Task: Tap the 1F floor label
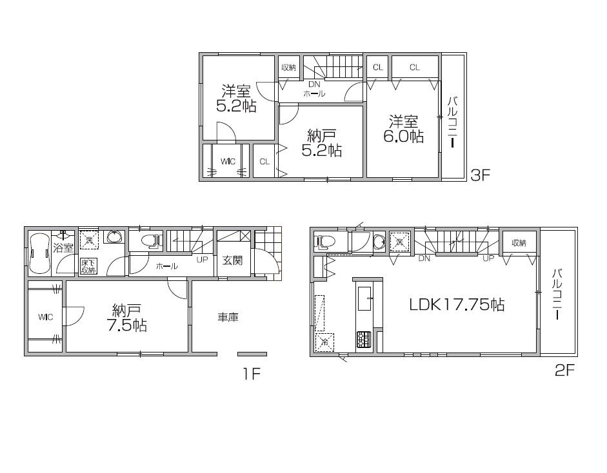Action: point(250,373)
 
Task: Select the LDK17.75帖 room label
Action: point(457,305)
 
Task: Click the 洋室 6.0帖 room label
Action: point(403,129)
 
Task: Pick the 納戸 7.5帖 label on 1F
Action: point(126,317)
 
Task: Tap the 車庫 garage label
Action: point(228,317)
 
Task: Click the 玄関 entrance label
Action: point(233,260)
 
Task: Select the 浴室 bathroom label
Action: point(63,248)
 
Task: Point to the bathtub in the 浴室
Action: point(39,254)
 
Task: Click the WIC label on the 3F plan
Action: point(227,161)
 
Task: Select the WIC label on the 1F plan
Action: point(45,317)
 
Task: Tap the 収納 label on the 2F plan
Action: point(519,243)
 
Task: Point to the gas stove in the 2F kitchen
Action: point(364,338)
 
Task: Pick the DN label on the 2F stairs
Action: point(424,259)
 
